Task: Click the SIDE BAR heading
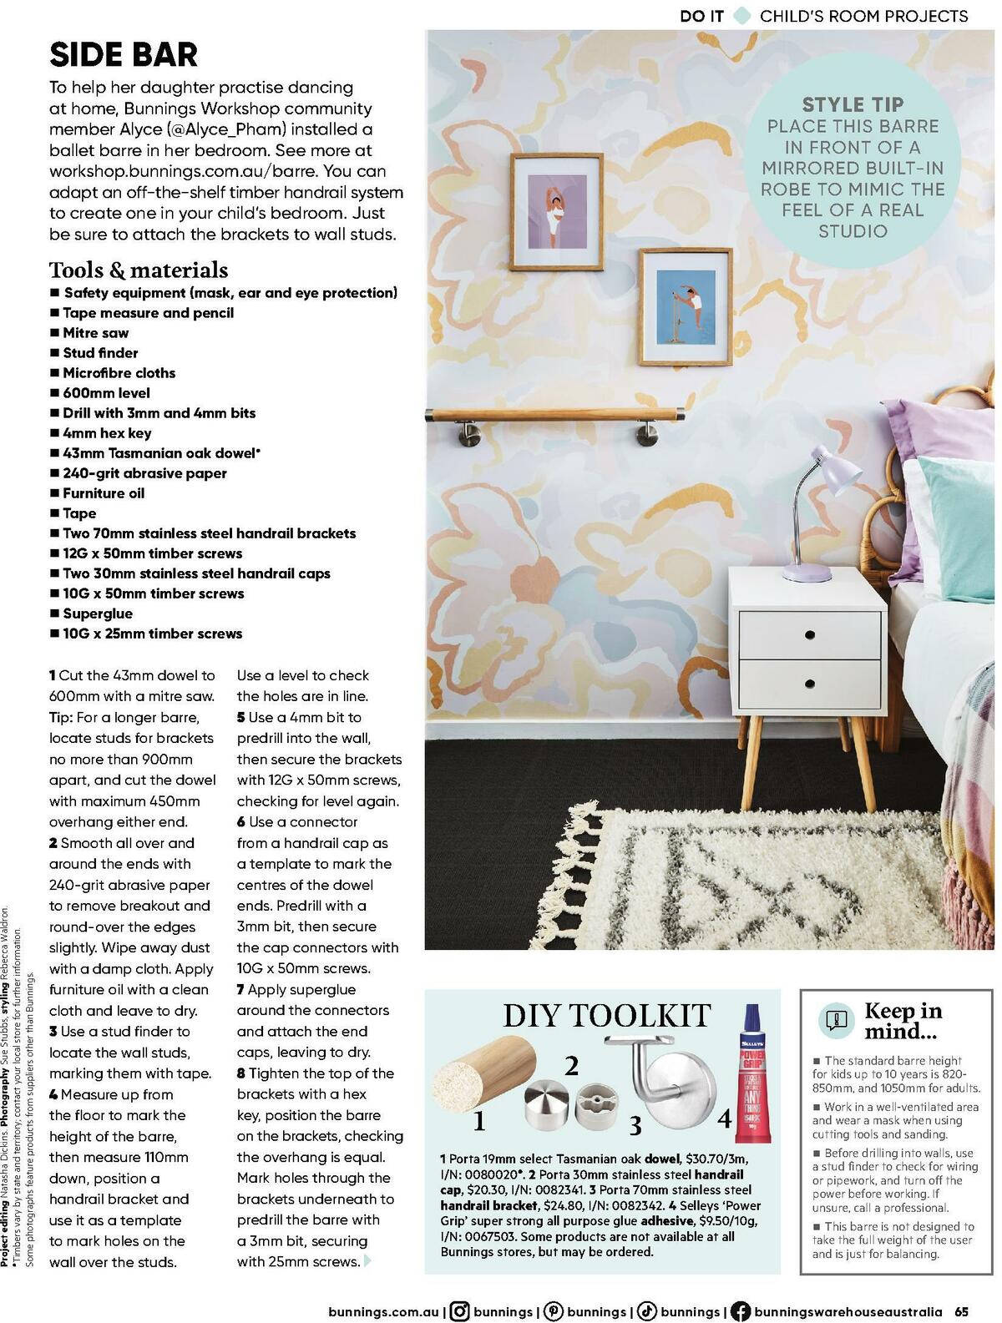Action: (124, 55)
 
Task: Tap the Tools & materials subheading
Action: (139, 270)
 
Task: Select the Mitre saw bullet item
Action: (95, 333)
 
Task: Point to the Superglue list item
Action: (98, 614)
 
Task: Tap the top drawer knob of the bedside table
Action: (809, 635)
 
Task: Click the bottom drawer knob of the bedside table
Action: (809, 684)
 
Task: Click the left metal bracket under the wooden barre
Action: (465, 434)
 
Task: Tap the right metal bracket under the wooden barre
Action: (647, 434)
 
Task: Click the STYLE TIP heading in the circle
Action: (853, 104)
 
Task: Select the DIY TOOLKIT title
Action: (606, 1015)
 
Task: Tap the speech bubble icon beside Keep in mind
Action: (836, 1019)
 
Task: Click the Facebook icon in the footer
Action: (740, 1311)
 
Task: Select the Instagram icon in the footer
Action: (459, 1311)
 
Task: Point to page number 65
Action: (963, 1311)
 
